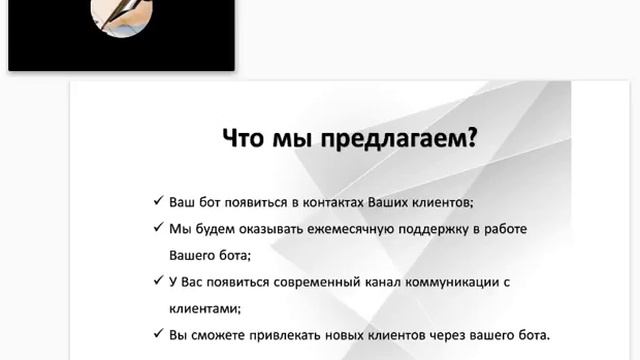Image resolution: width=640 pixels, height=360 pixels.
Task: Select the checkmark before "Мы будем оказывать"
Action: click(x=159, y=229)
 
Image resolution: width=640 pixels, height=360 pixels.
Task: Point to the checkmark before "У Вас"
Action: click(x=159, y=283)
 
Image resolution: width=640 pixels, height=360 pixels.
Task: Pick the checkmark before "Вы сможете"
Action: click(x=159, y=336)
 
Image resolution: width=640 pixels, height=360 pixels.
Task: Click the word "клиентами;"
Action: click(x=204, y=310)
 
